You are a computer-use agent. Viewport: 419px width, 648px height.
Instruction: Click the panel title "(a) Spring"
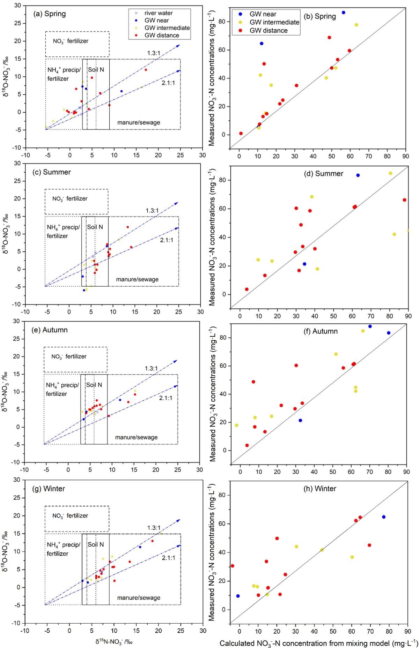click(x=49, y=14)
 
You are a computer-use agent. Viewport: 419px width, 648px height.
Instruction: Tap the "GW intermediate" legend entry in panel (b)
click(x=274, y=22)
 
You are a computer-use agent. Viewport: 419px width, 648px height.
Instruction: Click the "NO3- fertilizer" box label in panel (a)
click(x=71, y=41)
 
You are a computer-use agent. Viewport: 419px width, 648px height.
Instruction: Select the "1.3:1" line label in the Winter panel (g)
click(x=154, y=528)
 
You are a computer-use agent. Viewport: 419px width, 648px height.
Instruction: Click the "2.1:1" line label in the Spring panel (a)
click(x=168, y=83)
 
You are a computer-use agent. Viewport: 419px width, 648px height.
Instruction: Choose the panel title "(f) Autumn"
click(x=321, y=331)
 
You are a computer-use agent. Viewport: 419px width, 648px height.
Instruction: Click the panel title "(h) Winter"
click(x=320, y=489)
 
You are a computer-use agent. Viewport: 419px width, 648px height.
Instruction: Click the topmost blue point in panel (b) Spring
click(x=343, y=13)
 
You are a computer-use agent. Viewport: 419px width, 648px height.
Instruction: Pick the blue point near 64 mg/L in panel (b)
click(x=262, y=44)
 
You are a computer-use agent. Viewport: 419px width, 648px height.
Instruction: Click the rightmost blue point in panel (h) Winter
click(x=383, y=517)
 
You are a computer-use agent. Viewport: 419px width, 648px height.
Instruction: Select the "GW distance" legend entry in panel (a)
click(x=162, y=35)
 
